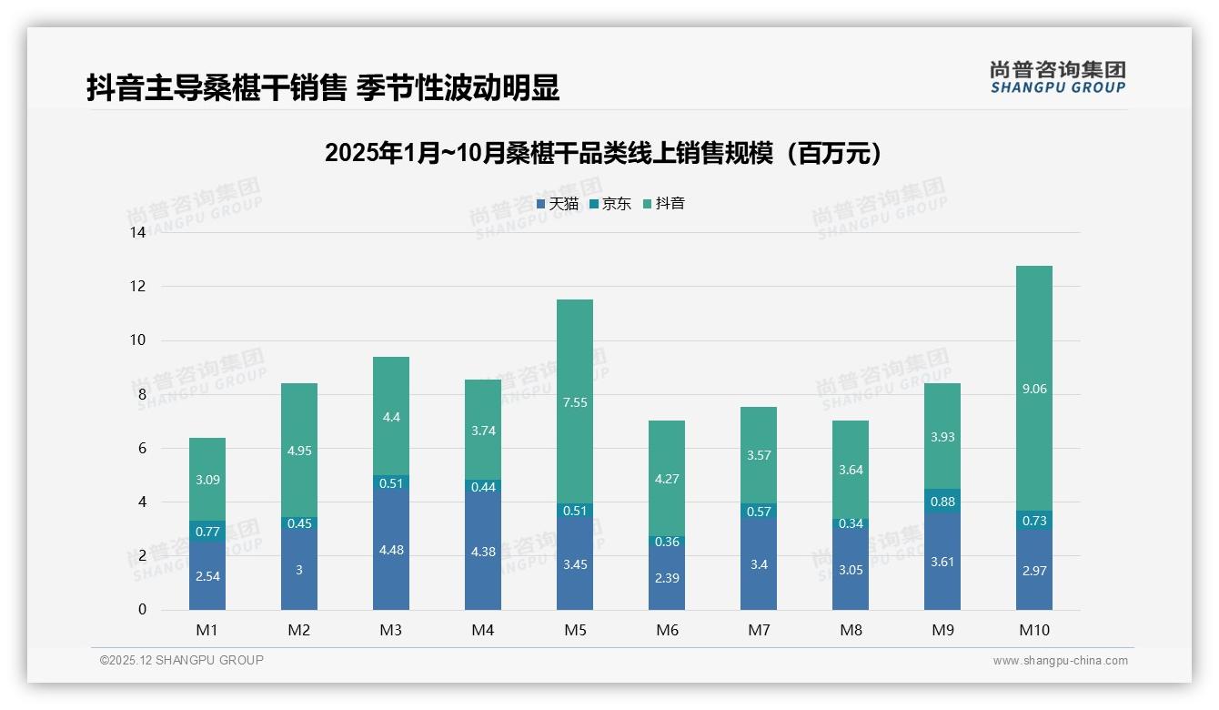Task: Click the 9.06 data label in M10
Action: (1033, 389)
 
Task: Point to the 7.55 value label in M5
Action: (574, 402)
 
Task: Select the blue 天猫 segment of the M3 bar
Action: (390, 546)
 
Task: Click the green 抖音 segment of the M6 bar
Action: (667, 478)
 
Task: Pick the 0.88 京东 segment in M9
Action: (942, 501)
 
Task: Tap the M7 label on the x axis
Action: (759, 630)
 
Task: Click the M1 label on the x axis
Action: (207, 630)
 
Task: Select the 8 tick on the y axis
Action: (141, 394)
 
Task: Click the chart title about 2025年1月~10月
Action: (603, 153)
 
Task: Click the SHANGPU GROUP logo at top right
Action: (1057, 77)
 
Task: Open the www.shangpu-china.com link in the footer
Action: (1060, 661)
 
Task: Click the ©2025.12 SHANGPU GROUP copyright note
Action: (182, 661)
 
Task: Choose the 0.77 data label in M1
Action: (207, 532)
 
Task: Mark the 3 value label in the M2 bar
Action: (299, 569)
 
